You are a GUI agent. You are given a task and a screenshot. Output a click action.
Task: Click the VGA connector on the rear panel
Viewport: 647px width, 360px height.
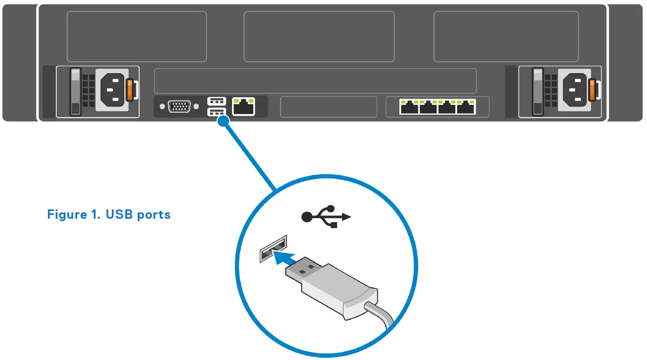click(x=179, y=106)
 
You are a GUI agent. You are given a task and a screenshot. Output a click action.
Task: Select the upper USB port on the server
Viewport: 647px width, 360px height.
click(x=216, y=101)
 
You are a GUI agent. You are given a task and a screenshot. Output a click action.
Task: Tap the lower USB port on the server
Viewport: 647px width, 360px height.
click(x=216, y=112)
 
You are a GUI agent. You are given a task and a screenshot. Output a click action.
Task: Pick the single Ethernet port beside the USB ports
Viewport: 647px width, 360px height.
click(x=243, y=106)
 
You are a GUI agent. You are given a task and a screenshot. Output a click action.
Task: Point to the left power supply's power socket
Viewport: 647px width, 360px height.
click(x=113, y=89)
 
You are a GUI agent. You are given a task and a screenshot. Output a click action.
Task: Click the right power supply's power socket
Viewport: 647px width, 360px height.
click(x=575, y=89)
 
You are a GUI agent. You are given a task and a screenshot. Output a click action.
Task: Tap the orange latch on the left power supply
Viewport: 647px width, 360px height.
click(x=130, y=90)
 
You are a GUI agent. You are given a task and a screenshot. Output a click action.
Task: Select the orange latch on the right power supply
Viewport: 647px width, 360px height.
click(x=594, y=90)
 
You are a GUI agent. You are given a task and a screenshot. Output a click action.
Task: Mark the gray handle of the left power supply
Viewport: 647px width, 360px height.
click(x=75, y=92)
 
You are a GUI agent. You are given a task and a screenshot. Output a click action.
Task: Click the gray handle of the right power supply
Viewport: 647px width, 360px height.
click(x=538, y=92)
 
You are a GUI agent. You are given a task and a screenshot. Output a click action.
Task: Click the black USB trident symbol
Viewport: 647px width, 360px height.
click(x=326, y=216)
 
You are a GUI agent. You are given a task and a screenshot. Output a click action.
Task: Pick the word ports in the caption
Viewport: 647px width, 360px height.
click(x=154, y=215)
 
